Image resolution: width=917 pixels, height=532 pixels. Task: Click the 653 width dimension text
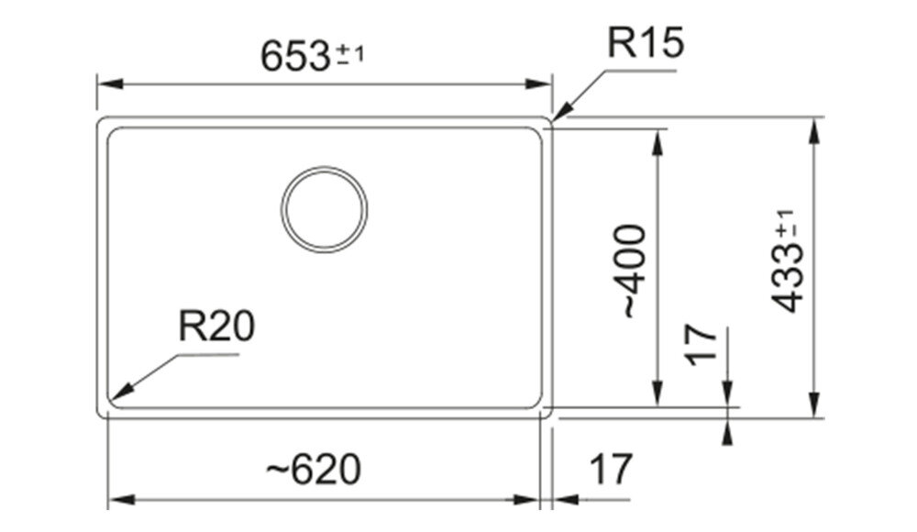[x=295, y=58]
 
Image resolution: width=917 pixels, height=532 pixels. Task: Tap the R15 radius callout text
[x=646, y=42]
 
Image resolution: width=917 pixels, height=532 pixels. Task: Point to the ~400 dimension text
[x=635, y=271]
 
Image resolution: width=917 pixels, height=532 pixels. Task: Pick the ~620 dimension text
[x=314, y=469]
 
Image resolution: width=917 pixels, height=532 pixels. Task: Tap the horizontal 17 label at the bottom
[x=611, y=469]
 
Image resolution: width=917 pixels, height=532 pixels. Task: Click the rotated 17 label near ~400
[x=702, y=345]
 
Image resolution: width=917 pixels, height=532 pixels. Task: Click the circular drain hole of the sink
[x=325, y=210]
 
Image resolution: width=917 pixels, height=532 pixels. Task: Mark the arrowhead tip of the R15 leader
[x=552, y=121]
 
